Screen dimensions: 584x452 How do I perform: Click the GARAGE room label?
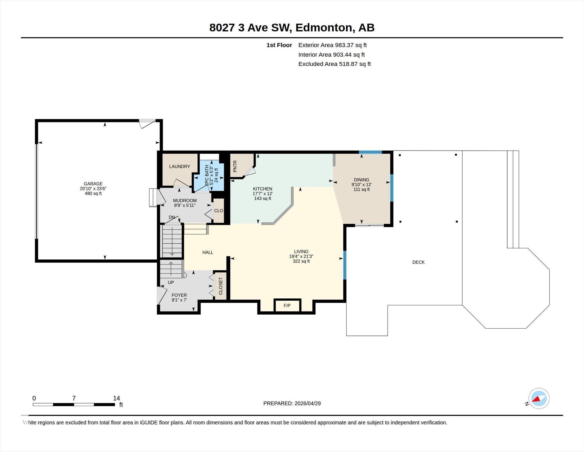93,184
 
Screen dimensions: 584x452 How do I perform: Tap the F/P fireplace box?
287,306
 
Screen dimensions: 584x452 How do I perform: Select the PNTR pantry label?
235,166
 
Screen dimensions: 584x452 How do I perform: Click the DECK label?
418,262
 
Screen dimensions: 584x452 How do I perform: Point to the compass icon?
539,398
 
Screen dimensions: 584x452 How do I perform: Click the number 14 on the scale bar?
116,398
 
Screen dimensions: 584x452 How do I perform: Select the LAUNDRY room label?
179,166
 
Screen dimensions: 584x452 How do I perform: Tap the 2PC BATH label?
207,176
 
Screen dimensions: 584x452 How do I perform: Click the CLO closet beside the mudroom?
219,210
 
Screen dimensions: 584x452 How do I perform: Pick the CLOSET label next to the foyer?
220,286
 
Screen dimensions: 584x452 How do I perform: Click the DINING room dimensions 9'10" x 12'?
361,184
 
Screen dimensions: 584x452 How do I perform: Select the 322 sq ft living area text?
301,261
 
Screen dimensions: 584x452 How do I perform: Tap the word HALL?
208,252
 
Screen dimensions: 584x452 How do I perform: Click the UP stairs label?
171,282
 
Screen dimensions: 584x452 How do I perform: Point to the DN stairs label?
172,217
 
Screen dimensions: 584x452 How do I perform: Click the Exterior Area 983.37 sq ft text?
332,45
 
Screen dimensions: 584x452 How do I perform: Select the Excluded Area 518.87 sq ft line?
334,64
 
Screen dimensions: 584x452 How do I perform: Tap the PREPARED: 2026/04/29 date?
292,403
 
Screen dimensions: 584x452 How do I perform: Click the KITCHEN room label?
263,189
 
